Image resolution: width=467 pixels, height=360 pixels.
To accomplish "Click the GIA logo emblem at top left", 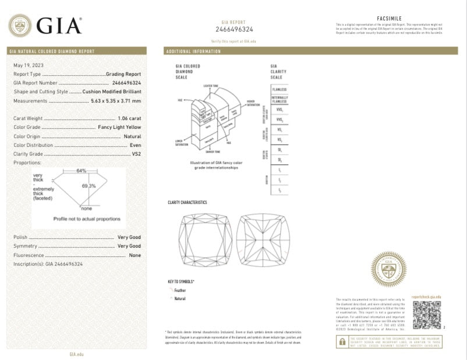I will pyautogui.click(x=20, y=26).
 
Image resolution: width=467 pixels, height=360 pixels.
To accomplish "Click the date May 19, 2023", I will pyautogui.click(x=29, y=65).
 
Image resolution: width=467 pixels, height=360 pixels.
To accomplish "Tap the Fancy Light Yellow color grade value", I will pyautogui.click(x=119, y=127).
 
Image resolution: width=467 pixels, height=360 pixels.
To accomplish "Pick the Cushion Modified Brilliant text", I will pyautogui.click(x=112, y=91).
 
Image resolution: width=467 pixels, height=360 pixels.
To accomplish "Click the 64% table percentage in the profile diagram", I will pyautogui.click(x=81, y=171).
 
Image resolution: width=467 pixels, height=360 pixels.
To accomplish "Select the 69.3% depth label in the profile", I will pyautogui.click(x=89, y=185).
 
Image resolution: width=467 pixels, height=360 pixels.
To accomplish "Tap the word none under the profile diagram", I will pyautogui.click(x=87, y=208).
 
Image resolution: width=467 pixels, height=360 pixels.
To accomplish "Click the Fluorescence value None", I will pyautogui.click(x=135, y=255).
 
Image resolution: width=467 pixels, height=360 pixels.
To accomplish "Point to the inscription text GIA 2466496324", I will pyautogui.click(x=64, y=264).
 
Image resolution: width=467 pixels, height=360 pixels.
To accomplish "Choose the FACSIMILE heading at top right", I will pyautogui.click(x=390, y=18).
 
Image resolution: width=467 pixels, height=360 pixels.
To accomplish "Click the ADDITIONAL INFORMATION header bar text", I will pyautogui.click(x=193, y=52).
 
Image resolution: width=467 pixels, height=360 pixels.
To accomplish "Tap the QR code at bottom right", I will pyautogui.click(x=427, y=315).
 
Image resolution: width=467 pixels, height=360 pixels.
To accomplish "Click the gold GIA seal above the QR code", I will pyautogui.click(x=389, y=269).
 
